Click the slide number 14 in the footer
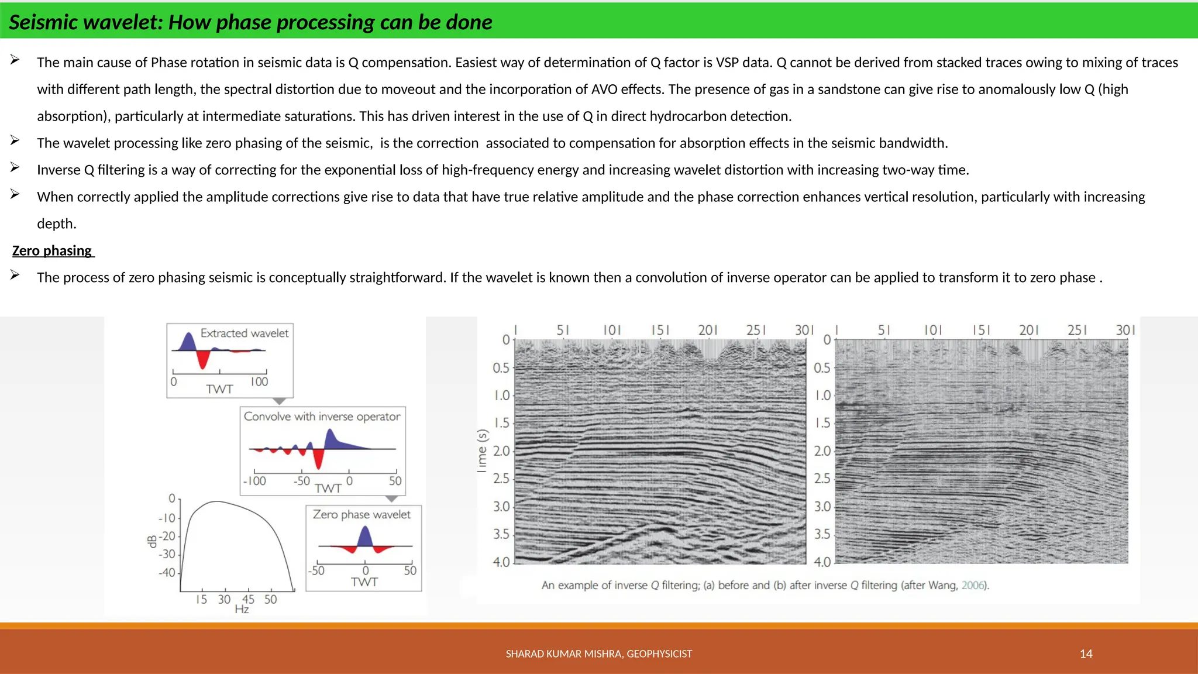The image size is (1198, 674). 1086,654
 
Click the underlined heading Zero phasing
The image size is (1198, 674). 52,250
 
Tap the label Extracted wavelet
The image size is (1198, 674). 244,333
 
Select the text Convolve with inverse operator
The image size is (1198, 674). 322,416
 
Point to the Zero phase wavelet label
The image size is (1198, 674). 362,514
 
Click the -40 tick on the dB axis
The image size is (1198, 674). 167,572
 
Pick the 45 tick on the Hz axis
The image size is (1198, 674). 248,599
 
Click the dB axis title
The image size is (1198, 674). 152,541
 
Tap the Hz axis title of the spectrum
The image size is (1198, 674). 242,610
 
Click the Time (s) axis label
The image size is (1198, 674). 482,451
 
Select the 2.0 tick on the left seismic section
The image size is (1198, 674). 501,451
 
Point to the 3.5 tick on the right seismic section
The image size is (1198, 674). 822,534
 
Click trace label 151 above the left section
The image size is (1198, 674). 660,330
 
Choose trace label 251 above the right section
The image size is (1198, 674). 1077,330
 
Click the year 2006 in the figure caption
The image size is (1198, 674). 973,585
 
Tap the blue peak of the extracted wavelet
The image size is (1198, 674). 188,341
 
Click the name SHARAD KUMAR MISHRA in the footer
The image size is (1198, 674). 564,654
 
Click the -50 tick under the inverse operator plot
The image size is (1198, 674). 301,481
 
